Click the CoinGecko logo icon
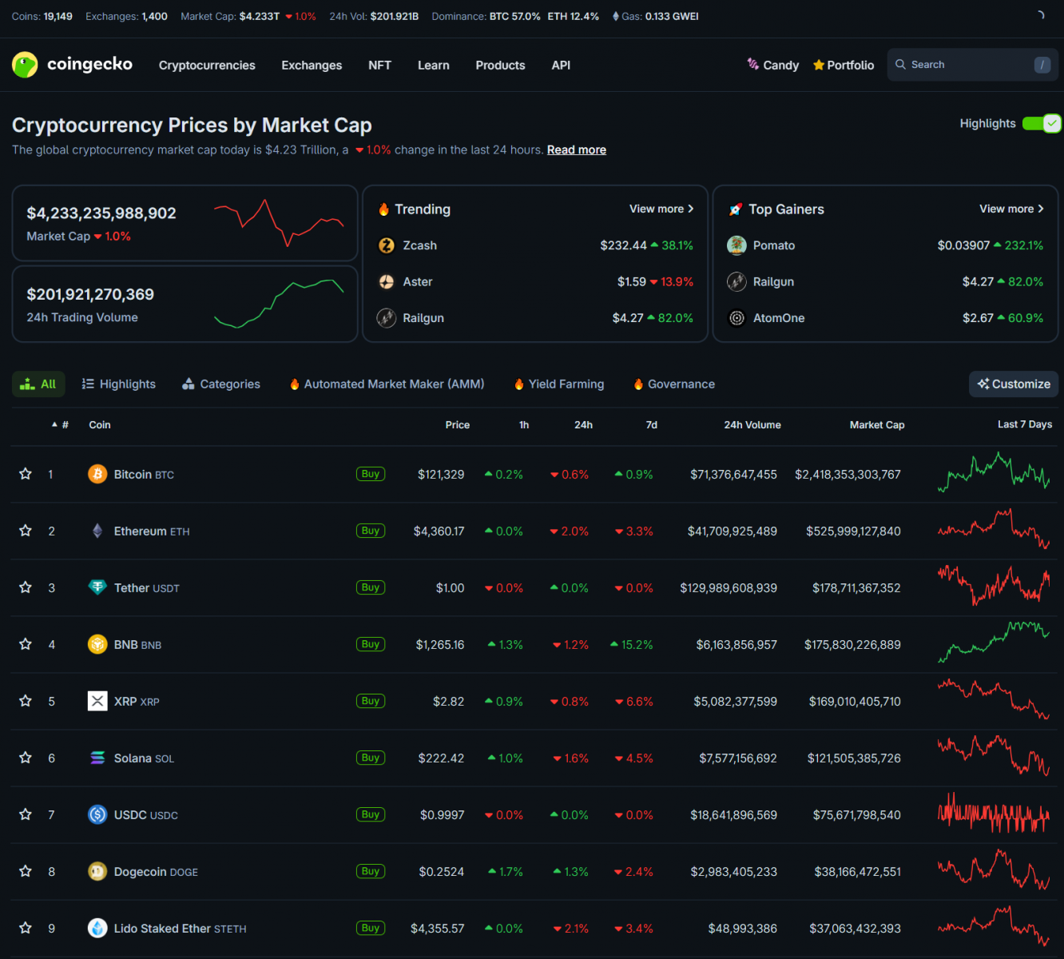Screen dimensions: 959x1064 (x=25, y=65)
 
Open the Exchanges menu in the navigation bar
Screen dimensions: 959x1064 (x=312, y=66)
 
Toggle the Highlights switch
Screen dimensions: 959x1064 (x=1042, y=123)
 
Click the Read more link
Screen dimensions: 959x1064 (x=576, y=150)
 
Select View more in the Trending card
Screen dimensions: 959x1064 (x=661, y=209)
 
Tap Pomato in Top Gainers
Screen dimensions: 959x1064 (x=773, y=245)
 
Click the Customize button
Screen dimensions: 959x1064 (x=1014, y=384)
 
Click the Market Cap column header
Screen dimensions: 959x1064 (x=876, y=425)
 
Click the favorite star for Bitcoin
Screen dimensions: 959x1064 (x=26, y=474)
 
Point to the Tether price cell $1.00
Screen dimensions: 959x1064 (x=450, y=588)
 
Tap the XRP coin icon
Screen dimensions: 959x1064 (x=97, y=701)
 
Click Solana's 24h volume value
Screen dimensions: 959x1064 (x=737, y=758)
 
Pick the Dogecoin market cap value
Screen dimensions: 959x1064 (x=857, y=872)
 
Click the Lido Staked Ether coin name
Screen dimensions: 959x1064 (x=162, y=929)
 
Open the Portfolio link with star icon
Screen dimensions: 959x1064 (x=844, y=66)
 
